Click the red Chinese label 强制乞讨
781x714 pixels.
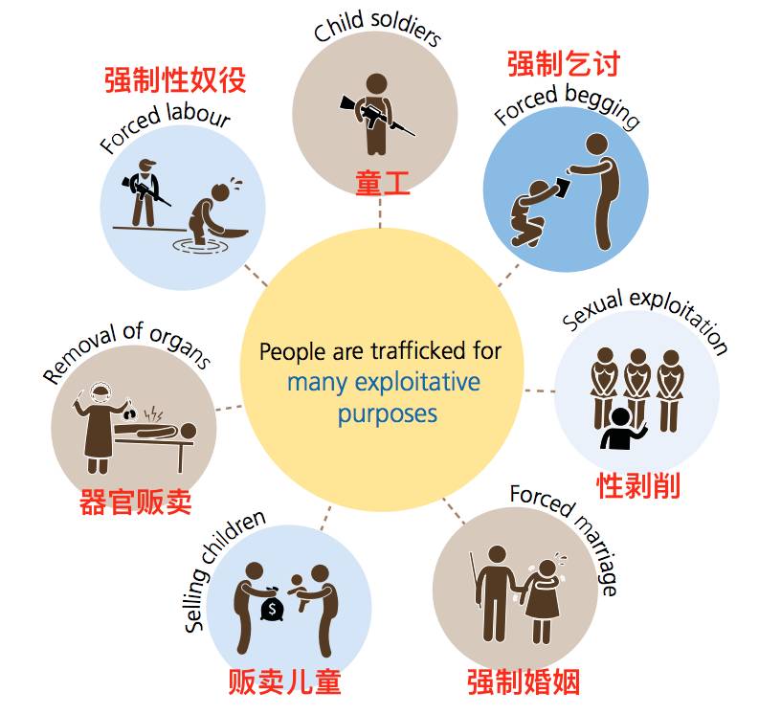[x=564, y=64]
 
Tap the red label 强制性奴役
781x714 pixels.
[x=175, y=79]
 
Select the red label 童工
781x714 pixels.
[x=383, y=183]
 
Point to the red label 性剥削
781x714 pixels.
[x=638, y=486]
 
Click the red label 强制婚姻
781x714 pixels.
[x=524, y=681]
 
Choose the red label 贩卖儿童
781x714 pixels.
[x=284, y=681]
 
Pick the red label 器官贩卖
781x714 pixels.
[x=136, y=502]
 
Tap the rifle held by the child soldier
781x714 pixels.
[x=377, y=116]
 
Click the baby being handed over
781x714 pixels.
[x=301, y=591]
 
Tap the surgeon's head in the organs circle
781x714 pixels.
[x=101, y=394]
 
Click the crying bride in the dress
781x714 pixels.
[x=543, y=601]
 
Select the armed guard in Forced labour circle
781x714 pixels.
[x=145, y=192]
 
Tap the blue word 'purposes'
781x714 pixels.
[x=388, y=414]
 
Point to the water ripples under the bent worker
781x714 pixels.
[x=200, y=246]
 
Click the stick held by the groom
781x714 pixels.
[x=475, y=580]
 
